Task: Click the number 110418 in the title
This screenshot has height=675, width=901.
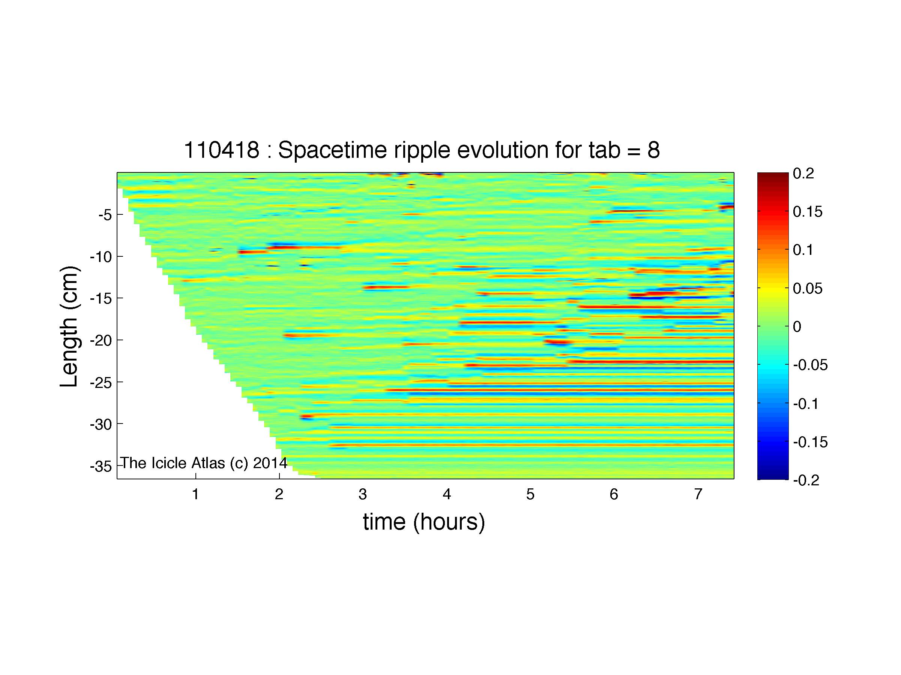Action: point(222,150)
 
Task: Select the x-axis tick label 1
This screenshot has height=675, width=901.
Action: point(195,494)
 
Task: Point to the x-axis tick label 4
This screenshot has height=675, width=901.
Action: point(447,494)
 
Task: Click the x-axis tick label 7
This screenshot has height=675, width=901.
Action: point(698,494)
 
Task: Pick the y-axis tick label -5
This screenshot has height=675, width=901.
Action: point(105,215)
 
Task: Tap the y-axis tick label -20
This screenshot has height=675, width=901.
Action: point(101,340)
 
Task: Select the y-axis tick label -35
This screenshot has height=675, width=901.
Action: point(101,466)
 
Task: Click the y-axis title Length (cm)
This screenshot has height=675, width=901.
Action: point(69,327)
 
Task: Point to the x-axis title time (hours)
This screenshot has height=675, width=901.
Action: point(424,522)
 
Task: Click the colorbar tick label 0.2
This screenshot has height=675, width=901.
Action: point(803,173)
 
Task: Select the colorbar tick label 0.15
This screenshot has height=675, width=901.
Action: point(808,212)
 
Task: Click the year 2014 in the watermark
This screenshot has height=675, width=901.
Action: point(270,463)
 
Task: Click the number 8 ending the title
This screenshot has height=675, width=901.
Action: point(654,150)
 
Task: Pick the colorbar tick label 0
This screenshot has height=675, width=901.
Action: point(797,327)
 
